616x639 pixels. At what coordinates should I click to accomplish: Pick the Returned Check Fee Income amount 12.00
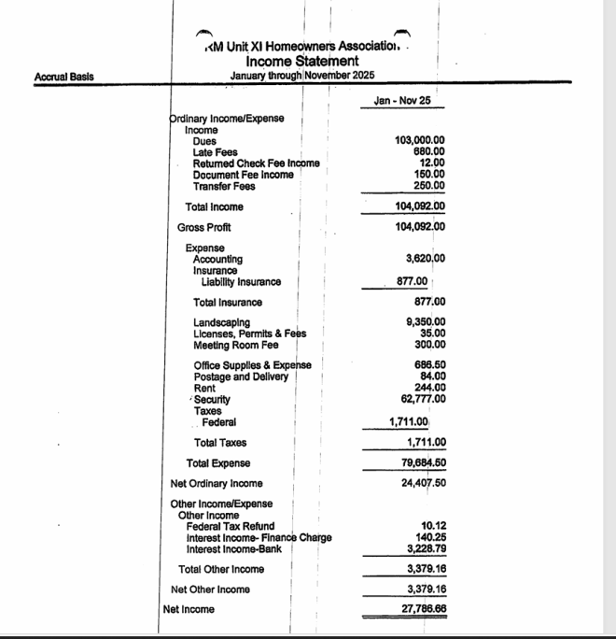(432, 163)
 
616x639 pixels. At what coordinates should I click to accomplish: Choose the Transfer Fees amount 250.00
(428, 185)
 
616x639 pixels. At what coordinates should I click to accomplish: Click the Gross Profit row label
(204, 227)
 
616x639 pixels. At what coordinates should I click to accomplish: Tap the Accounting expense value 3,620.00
(426, 259)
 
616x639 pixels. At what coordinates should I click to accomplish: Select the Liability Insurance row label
(241, 281)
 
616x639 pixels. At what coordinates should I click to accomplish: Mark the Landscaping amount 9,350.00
(426, 322)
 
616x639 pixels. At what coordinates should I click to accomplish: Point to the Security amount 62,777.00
(423, 399)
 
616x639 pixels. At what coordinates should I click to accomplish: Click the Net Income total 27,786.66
(423, 609)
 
